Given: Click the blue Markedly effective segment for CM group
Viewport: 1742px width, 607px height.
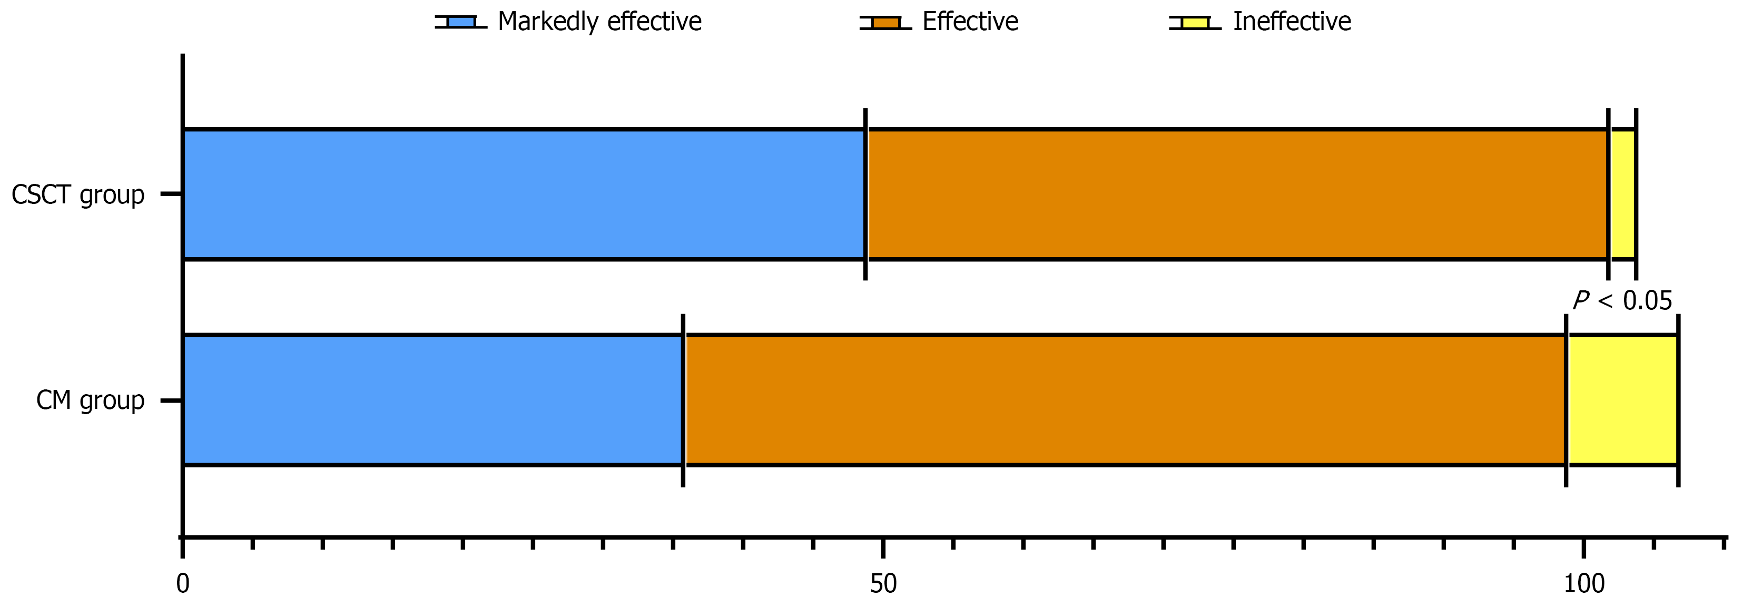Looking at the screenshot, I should coord(433,400).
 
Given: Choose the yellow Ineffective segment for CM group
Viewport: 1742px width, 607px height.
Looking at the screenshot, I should coord(1622,400).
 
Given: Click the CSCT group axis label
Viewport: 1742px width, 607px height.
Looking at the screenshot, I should coord(78,195).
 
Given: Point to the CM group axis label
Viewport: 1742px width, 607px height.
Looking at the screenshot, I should coord(90,400).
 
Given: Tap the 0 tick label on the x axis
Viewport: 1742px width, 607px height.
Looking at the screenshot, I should coord(183,583).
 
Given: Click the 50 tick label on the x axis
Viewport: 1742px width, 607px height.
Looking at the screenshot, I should coord(883,583).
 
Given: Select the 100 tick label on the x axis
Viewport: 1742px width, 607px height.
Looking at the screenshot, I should coord(1584,583).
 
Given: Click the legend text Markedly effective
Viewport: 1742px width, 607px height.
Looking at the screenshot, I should coord(599,22).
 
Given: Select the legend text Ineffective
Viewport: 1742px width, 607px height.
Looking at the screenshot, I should coord(1292,22).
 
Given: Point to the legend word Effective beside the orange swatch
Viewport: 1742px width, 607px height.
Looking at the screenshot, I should coord(970,22).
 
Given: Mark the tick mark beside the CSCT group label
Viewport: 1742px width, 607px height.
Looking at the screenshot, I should coord(171,194).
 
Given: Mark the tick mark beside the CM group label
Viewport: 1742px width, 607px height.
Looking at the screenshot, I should coord(171,400).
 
